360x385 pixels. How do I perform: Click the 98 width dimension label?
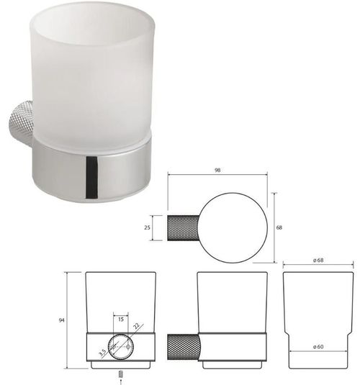pyautogui.click(x=217, y=170)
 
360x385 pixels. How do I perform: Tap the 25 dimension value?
pyautogui.click(x=147, y=227)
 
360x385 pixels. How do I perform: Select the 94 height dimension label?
pyautogui.click(x=61, y=320)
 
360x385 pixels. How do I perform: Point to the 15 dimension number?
pyautogui.click(x=121, y=320)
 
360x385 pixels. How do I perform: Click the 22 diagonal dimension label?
pyautogui.click(x=136, y=326)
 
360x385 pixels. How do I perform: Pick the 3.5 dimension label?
pyautogui.click(x=103, y=353)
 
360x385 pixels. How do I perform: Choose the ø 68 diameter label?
pyautogui.click(x=318, y=261)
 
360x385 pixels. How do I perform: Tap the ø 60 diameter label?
pyautogui.click(x=318, y=347)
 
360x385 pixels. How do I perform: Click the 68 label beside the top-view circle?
pyautogui.click(x=279, y=227)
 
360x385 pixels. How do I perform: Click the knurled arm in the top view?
pyautogui.click(x=184, y=228)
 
